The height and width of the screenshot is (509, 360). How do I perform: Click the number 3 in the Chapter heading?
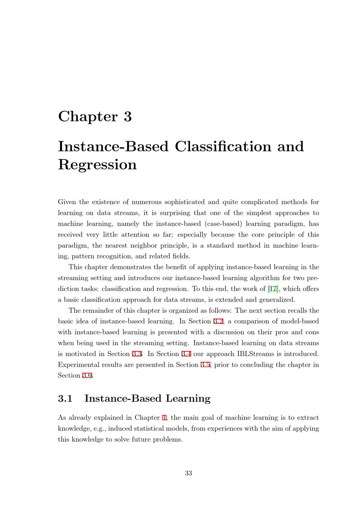pyautogui.click(x=128, y=117)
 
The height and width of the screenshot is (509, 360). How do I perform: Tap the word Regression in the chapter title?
pyautogui.click(x=97, y=165)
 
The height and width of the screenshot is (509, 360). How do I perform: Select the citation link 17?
pyautogui.click(x=273, y=289)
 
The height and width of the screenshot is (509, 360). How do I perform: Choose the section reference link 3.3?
pyautogui.click(x=137, y=353)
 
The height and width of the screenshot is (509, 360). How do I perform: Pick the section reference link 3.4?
pyautogui.click(x=186, y=353)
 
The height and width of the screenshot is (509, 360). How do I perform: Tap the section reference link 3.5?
pyautogui.click(x=205, y=365)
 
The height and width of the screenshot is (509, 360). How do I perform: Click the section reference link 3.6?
pyautogui.click(x=87, y=375)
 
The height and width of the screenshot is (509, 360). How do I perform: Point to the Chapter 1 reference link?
pyautogui.click(x=165, y=418)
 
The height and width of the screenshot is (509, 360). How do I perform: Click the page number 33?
pyautogui.click(x=188, y=473)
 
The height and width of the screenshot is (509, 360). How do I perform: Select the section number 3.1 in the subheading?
pyautogui.click(x=65, y=398)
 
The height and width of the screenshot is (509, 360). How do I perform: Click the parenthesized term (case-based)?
pyautogui.click(x=223, y=224)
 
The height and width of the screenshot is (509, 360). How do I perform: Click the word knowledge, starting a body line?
pyautogui.click(x=73, y=429)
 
